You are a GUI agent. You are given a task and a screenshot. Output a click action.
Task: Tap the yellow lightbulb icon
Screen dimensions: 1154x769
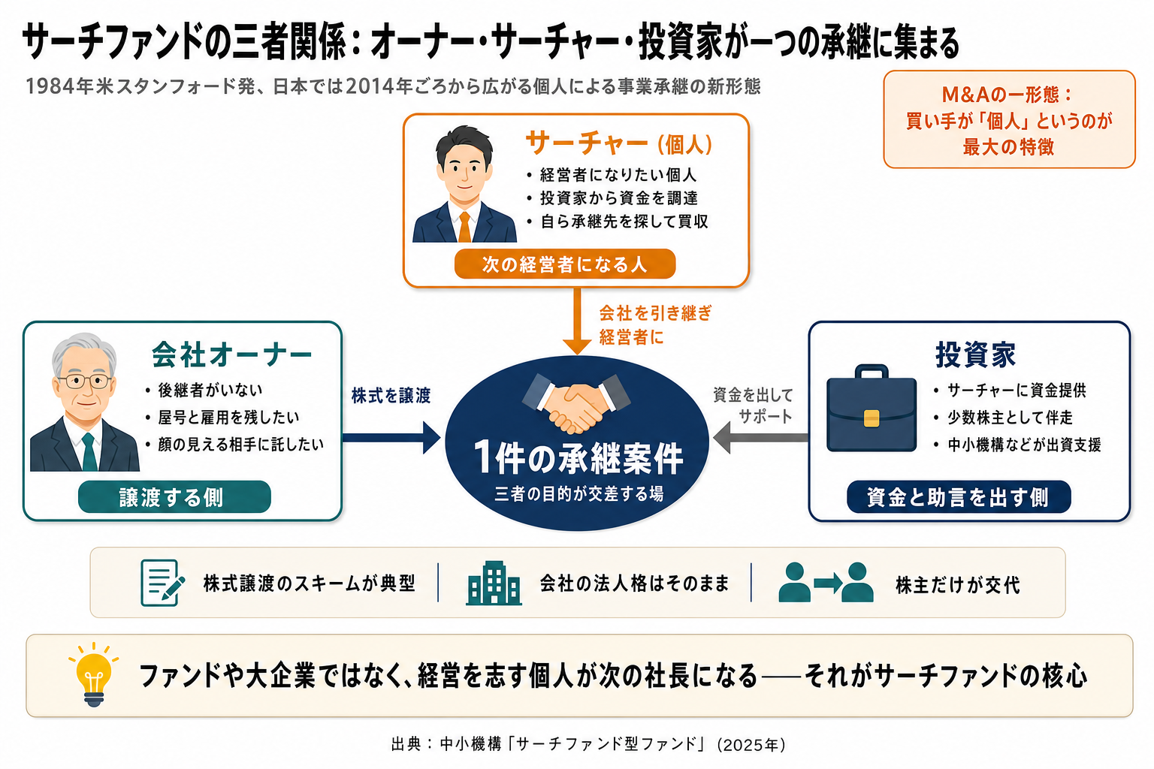(x=94, y=674)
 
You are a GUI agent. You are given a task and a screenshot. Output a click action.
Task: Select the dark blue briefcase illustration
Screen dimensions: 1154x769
(x=872, y=408)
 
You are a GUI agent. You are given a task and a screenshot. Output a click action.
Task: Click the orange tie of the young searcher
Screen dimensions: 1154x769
(x=464, y=227)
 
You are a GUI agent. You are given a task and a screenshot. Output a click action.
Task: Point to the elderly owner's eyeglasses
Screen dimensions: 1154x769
(x=85, y=381)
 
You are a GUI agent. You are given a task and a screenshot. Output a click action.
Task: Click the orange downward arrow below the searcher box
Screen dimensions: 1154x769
(x=577, y=321)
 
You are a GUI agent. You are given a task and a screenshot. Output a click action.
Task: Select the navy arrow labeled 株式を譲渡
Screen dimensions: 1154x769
(x=391, y=438)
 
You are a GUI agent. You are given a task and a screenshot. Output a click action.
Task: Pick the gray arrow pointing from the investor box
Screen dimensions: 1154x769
(x=760, y=438)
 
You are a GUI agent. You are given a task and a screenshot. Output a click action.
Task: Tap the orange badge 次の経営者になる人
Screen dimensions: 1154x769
(x=565, y=264)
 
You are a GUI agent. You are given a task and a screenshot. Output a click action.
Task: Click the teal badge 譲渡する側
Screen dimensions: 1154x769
(x=174, y=497)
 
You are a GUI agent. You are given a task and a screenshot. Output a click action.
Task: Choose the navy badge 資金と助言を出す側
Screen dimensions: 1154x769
(x=959, y=497)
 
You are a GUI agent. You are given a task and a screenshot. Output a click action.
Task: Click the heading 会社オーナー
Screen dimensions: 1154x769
(x=232, y=355)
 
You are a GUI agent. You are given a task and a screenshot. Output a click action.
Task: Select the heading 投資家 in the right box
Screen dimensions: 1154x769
(x=975, y=355)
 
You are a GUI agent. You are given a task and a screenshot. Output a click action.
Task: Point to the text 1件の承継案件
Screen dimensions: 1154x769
(x=578, y=457)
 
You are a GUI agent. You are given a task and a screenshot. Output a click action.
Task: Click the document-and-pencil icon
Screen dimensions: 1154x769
(x=162, y=583)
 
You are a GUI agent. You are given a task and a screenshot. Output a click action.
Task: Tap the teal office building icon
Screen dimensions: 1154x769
(x=494, y=583)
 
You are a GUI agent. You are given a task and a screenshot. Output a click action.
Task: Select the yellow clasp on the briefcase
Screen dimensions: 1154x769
(x=872, y=418)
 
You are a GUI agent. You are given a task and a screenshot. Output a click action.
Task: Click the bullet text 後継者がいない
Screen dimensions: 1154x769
(x=210, y=390)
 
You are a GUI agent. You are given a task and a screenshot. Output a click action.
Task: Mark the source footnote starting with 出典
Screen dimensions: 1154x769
(x=588, y=744)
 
